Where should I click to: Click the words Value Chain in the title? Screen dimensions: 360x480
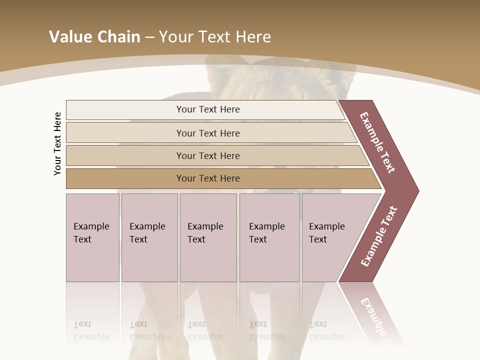point(94,36)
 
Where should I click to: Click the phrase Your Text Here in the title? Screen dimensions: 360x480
point(215,36)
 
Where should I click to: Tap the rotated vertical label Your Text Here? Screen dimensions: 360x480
point(57,143)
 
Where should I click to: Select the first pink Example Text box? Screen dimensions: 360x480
point(92,237)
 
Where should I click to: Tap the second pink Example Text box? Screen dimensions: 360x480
point(149,237)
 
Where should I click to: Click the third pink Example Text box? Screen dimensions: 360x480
point(208,237)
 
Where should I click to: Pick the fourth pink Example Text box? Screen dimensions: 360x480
point(269,237)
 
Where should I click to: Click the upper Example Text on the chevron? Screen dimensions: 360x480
point(377,142)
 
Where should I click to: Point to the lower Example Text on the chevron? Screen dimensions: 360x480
point(379,236)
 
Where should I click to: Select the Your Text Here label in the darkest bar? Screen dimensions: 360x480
point(208,178)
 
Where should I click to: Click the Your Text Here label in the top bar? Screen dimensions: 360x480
point(208,109)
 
